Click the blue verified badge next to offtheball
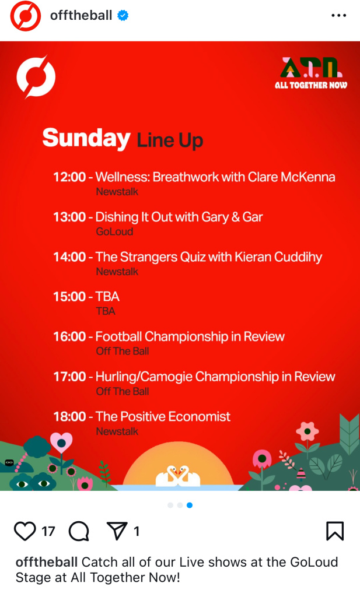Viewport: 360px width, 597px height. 123,16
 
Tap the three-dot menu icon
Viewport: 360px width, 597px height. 338,16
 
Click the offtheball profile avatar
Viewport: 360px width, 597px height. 26,16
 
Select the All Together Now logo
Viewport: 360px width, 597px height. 311,73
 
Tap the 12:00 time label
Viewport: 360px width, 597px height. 69,177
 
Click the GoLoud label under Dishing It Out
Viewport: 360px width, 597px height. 114,231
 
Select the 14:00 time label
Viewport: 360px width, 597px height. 69,257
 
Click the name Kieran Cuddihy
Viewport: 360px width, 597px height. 278,257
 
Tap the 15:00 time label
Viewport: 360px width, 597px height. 69,297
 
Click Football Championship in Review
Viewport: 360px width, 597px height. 190,337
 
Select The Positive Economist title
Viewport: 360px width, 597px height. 163,416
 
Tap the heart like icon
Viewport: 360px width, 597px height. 25,531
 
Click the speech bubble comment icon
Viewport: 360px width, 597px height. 79,531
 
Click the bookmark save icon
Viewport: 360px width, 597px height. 335,531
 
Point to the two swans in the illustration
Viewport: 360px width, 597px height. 178,476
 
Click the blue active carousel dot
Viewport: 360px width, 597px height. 189,505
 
